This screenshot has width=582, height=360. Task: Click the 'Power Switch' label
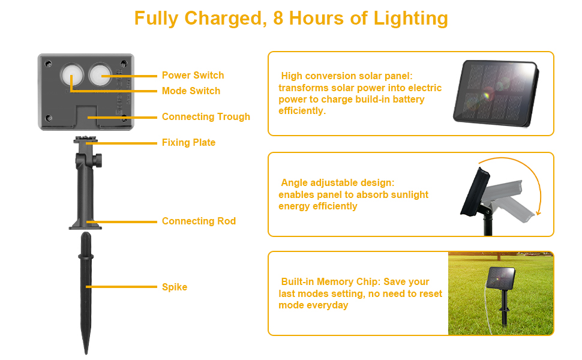click(x=193, y=75)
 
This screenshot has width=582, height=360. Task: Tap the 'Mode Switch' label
click(x=191, y=91)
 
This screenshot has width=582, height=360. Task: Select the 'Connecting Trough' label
click(x=206, y=116)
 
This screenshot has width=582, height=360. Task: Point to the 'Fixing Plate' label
click(x=188, y=142)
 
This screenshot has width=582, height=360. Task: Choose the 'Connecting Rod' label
click(x=199, y=221)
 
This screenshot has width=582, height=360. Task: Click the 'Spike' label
click(x=175, y=287)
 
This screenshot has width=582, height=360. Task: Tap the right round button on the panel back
click(x=101, y=76)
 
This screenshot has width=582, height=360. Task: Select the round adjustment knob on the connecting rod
click(x=98, y=161)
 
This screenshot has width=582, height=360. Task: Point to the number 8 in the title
click(x=278, y=18)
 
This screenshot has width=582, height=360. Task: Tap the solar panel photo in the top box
click(x=496, y=92)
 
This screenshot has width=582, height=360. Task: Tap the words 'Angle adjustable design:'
click(x=338, y=182)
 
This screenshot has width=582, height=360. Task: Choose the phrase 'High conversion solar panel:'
click(x=347, y=76)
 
